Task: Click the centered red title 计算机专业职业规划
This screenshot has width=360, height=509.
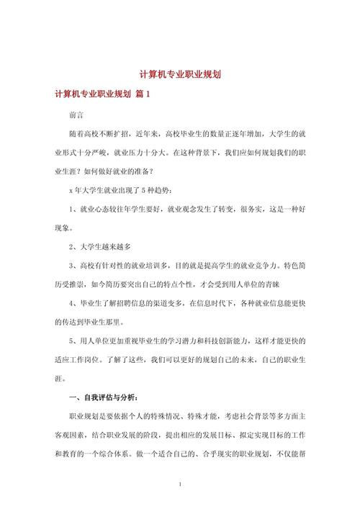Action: (x=180, y=74)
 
